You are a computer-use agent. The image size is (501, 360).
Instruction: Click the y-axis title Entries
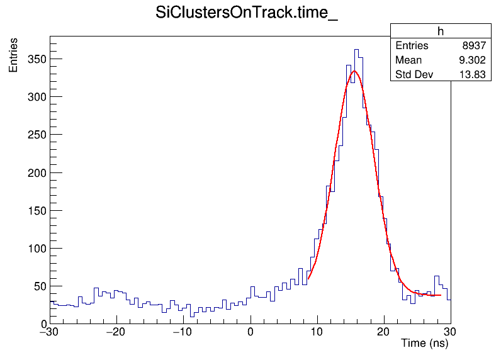coord(13,55)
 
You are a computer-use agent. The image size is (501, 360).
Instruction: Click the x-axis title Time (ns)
coord(425,344)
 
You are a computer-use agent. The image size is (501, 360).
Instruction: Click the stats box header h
coord(441,31)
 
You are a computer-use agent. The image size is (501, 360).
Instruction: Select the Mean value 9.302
coord(471,60)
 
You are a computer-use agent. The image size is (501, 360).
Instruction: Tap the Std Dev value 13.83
coord(472,75)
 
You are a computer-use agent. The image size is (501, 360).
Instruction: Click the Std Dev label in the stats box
coord(413,75)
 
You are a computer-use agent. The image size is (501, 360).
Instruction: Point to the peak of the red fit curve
coord(355,70)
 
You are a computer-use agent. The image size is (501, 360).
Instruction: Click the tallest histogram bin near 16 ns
coord(356,50)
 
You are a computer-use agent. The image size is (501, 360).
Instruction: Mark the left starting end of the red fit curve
coord(308,279)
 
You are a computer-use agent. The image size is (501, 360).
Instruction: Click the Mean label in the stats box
coord(408,60)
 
